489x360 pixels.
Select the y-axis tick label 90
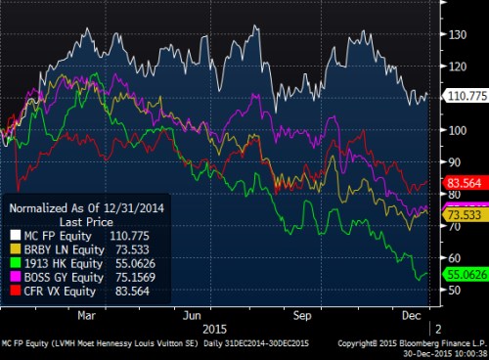(455, 162)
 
